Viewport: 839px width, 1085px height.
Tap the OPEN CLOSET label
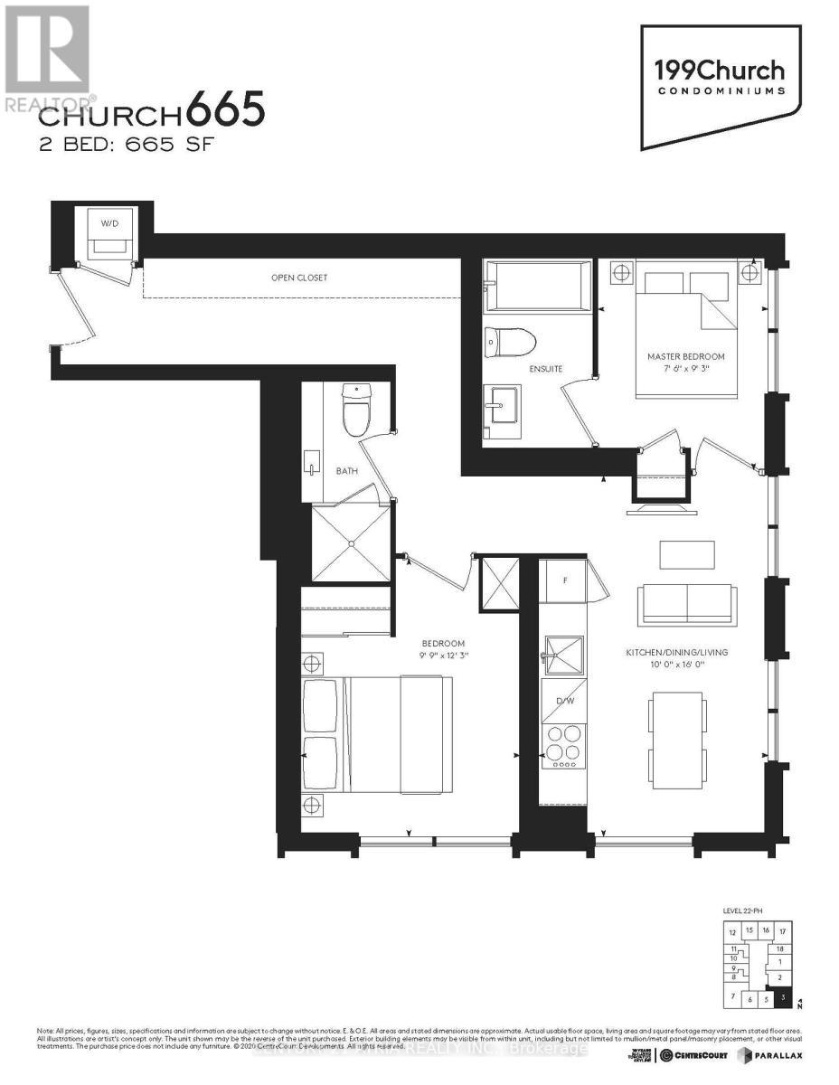click(x=299, y=278)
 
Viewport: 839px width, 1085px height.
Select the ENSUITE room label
click(x=547, y=369)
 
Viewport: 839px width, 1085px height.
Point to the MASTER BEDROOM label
click(x=686, y=356)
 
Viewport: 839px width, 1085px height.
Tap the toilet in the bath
click(x=357, y=412)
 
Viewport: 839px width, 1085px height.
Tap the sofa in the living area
click(x=686, y=604)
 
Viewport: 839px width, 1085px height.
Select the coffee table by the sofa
click(x=687, y=554)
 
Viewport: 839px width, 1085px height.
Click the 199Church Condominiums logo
click(x=720, y=75)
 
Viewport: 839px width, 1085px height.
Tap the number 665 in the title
click(x=227, y=112)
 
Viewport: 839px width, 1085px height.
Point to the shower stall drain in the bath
click(x=351, y=542)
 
